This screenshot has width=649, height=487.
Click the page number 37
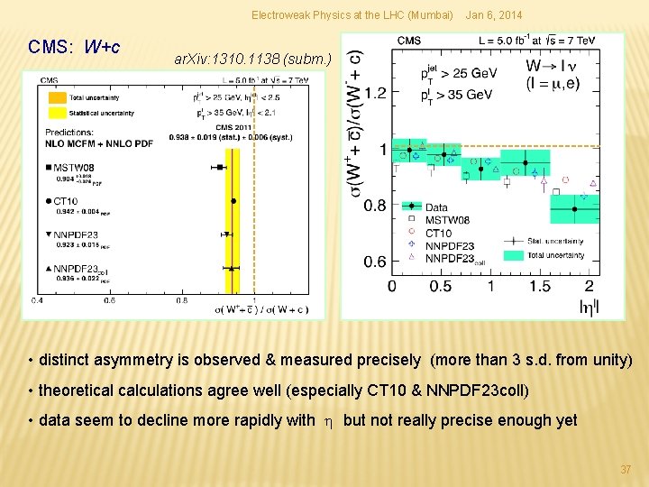click(626, 470)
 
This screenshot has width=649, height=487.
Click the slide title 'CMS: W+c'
click(75, 46)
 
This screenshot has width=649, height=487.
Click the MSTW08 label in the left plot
click(75, 167)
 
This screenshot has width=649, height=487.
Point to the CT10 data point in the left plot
click(233, 201)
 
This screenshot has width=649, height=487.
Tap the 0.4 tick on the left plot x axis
click(36, 299)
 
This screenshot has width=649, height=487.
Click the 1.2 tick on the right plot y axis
click(374, 92)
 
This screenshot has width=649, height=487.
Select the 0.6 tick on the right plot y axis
click(374, 262)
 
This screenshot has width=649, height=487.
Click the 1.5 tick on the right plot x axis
click(540, 286)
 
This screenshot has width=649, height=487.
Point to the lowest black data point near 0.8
click(574, 210)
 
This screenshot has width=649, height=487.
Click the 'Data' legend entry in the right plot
click(437, 207)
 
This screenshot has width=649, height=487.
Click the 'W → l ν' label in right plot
click(553, 67)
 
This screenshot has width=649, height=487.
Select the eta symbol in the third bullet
click(329, 420)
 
